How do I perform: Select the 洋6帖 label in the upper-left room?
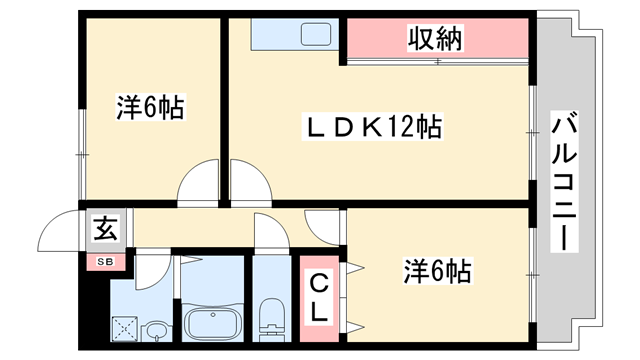(151, 108)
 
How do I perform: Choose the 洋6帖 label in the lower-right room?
(437, 271)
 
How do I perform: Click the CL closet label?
(318, 297)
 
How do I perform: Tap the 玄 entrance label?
(106, 229)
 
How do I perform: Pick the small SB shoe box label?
(105, 262)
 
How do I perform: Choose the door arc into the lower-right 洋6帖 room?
(325, 227)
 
